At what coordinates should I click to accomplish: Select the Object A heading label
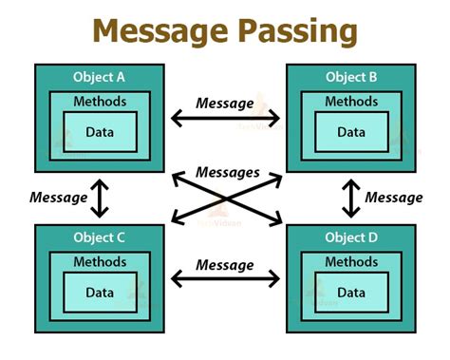point(99,77)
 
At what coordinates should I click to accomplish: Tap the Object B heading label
point(350,77)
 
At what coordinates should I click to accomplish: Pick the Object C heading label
point(99,237)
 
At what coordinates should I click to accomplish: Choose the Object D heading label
point(350,237)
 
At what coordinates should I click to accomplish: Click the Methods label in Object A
point(99,103)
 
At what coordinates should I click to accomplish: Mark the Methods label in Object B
point(350,103)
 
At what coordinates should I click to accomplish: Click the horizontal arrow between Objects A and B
point(225,119)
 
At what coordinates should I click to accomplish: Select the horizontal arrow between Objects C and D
point(225,278)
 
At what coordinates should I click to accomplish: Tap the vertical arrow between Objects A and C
point(99,198)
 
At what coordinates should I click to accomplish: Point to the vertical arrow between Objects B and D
point(350,198)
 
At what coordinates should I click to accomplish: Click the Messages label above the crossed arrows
point(228,172)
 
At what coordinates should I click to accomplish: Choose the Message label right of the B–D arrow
point(394,198)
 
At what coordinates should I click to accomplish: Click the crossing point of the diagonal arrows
point(226,199)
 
